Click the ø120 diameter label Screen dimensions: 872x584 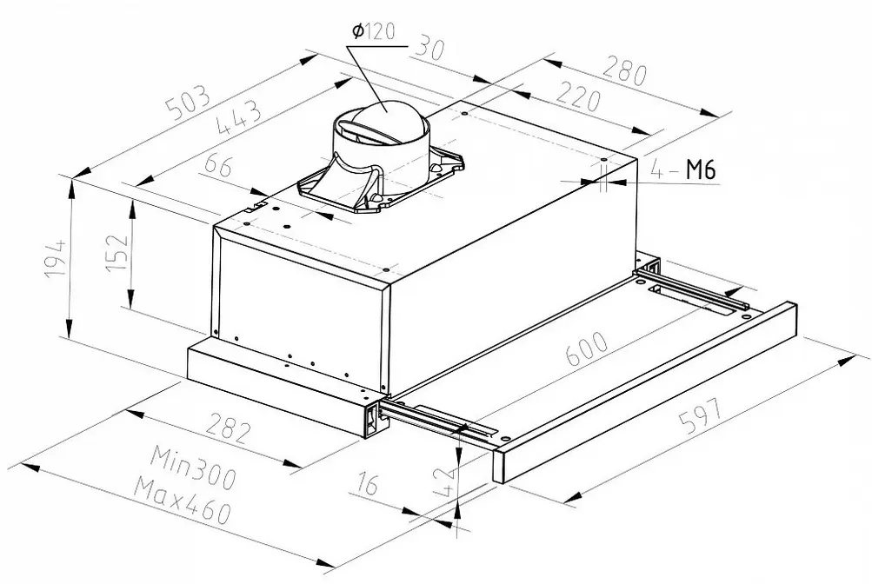pyautogui.click(x=373, y=31)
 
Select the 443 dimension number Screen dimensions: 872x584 pyautogui.click(x=239, y=118)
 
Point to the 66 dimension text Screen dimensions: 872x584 pyautogui.click(x=217, y=165)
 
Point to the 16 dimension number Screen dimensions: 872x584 pyautogui.click(x=368, y=482)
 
